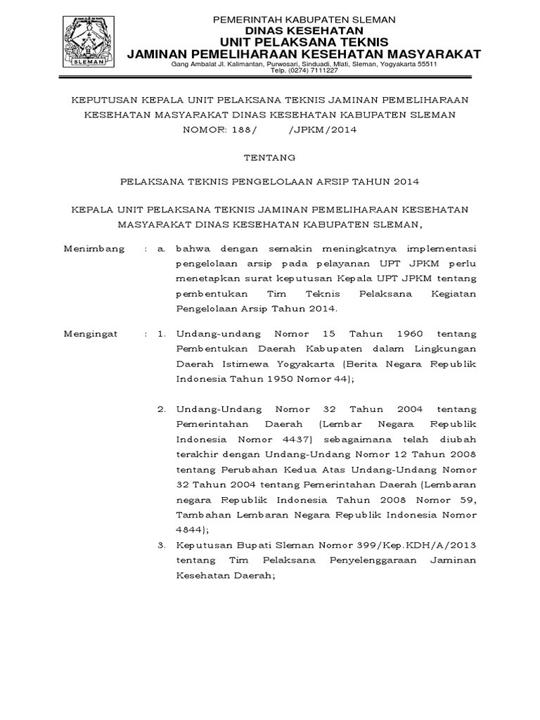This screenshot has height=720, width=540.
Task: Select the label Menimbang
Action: pyautogui.click(x=94, y=248)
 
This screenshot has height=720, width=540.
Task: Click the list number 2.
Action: pyautogui.click(x=161, y=409)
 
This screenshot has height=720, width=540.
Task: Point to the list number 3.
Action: pyautogui.click(x=161, y=545)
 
